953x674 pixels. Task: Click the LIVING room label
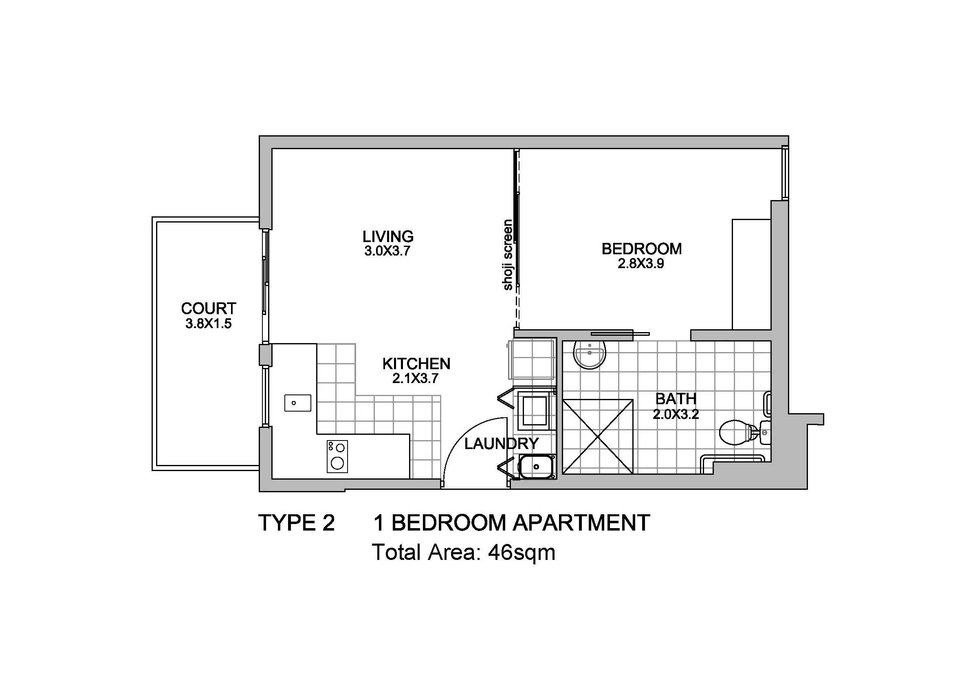click(388, 236)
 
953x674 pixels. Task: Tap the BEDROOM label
click(642, 249)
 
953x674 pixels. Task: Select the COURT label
click(208, 308)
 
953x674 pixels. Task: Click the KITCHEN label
click(416, 363)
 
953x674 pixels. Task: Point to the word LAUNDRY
click(502, 444)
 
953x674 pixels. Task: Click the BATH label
click(676, 399)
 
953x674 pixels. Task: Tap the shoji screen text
click(508, 255)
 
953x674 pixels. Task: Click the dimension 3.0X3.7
click(387, 251)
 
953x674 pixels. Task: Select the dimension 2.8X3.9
click(641, 264)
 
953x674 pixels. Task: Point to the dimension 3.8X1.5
click(208, 324)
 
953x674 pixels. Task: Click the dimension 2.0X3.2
click(676, 414)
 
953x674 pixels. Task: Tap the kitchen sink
click(297, 403)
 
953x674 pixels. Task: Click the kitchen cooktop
click(337, 456)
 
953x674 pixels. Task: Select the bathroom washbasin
click(590, 355)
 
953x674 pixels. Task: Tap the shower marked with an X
click(598, 436)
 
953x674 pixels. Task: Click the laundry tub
click(536, 467)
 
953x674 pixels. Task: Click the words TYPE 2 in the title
click(296, 522)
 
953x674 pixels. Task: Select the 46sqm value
click(522, 553)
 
